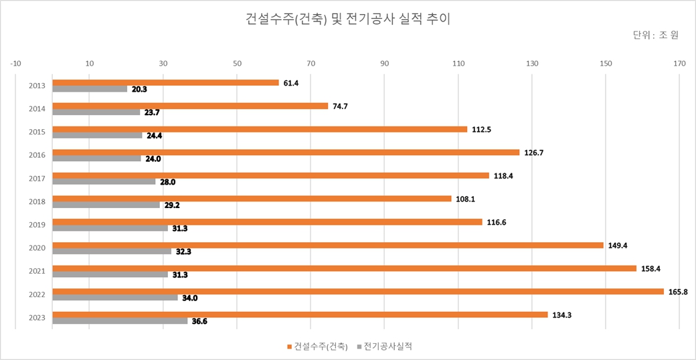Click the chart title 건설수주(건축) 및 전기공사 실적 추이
pyautogui.click(x=347, y=19)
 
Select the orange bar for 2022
pyautogui.click(x=358, y=291)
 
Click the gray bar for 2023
pyautogui.click(x=120, y=321)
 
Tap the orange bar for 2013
pyautogui.click(x=165, y=82)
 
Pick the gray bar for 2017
pyautogui.click(x=104, y=182)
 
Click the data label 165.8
pyautogui.click(x=678, y=292)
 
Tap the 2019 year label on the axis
pyautogui.click(x=37, y=225)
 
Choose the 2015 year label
pyautogui.click(x=37, y=132)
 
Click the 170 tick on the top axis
pyautogui.click(x=679, y=64)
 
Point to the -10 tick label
pyautogui.click(x=15, y=64)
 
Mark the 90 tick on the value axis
pyautogui.click(x=384, y=64)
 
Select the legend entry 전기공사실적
pyautogui.click(x=388, y=346)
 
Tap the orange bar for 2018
pyautogui.click(x=252, y=199)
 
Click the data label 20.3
pyautogui.click(x=139, y=89)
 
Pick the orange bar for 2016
pyautogui.click(x=286, y=152)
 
